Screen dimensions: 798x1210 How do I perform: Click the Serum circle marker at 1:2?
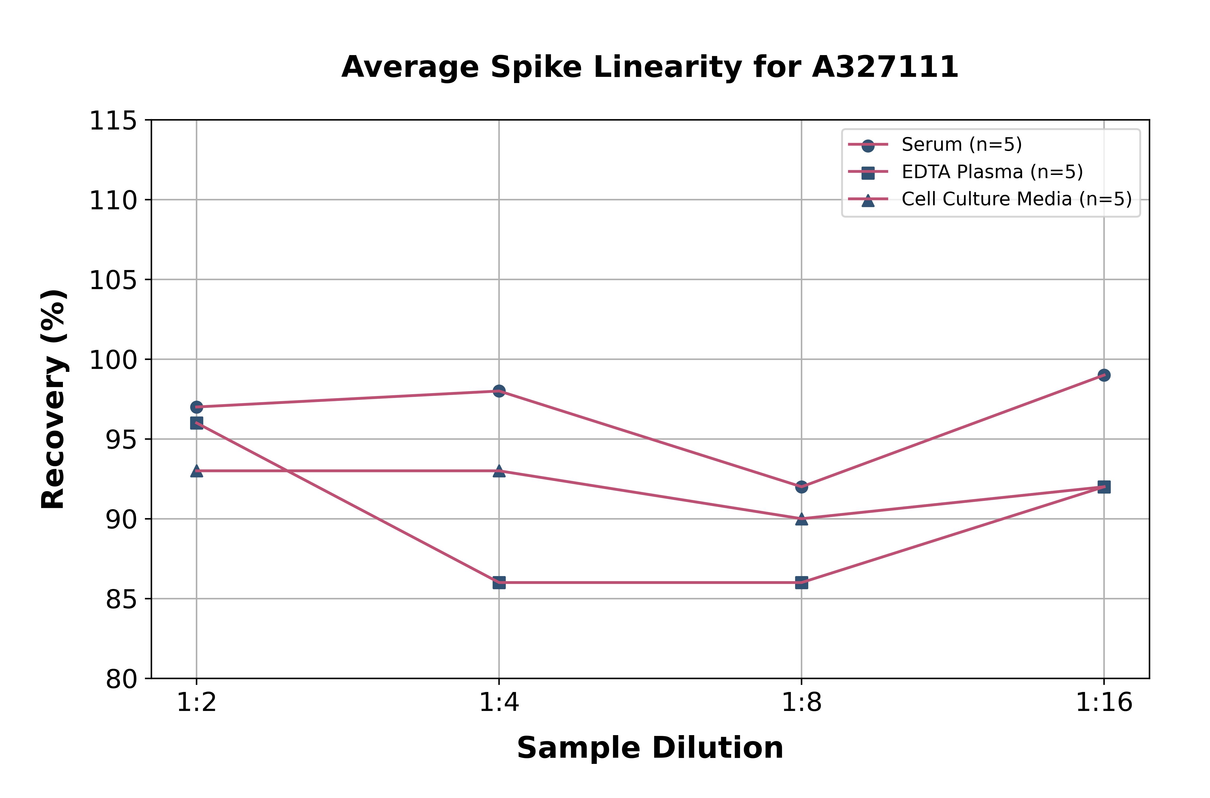(197, 407)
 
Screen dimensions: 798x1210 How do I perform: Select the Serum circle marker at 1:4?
(499, 391)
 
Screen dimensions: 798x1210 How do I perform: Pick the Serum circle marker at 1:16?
(1104, 375)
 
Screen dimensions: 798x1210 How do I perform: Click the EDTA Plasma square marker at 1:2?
(197, 423)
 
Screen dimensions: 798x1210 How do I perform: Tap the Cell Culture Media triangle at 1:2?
(197, 471)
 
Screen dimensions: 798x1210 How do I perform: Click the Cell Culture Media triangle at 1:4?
(499, 471)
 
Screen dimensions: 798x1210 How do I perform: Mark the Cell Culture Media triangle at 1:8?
(802, 519)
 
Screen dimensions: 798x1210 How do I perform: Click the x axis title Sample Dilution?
(650, 748)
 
